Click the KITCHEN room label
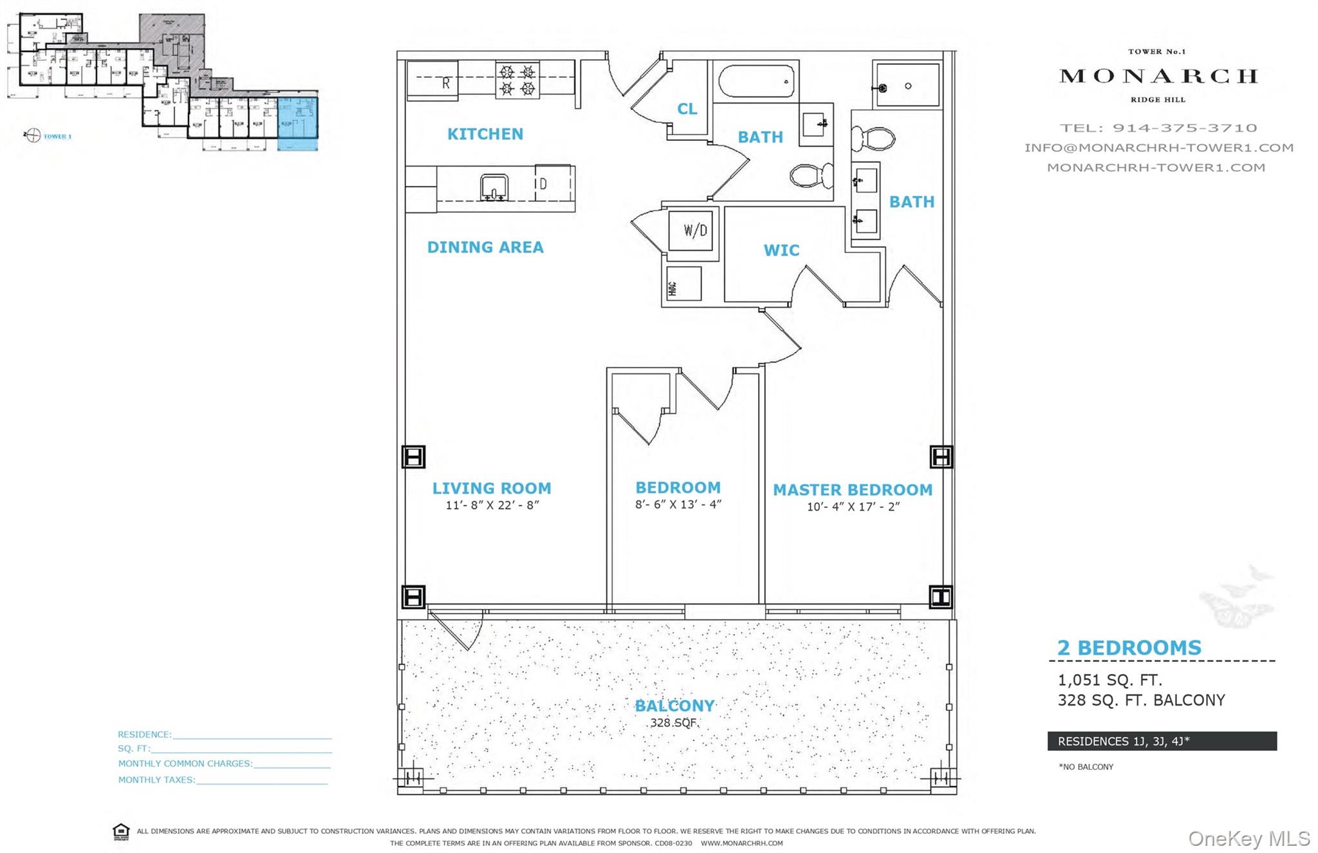tap(485, 134)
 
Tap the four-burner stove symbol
tap(517, 80)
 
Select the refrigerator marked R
tap(432, 81)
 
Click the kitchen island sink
tap(494, 188)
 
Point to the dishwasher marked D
tap(553, 184)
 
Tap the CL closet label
tap(687, 109)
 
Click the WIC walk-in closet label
tap(781, 250)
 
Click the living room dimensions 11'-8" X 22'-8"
tap(492, 505)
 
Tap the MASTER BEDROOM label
tap(852, 490)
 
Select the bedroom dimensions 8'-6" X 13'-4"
tap(678, 504)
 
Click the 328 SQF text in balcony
tap(674, 722)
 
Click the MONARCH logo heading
tap(1158, 76)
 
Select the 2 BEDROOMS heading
tap(1129, 648)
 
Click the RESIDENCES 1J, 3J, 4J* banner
tap(1162, 741)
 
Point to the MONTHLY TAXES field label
tap(156, 780)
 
